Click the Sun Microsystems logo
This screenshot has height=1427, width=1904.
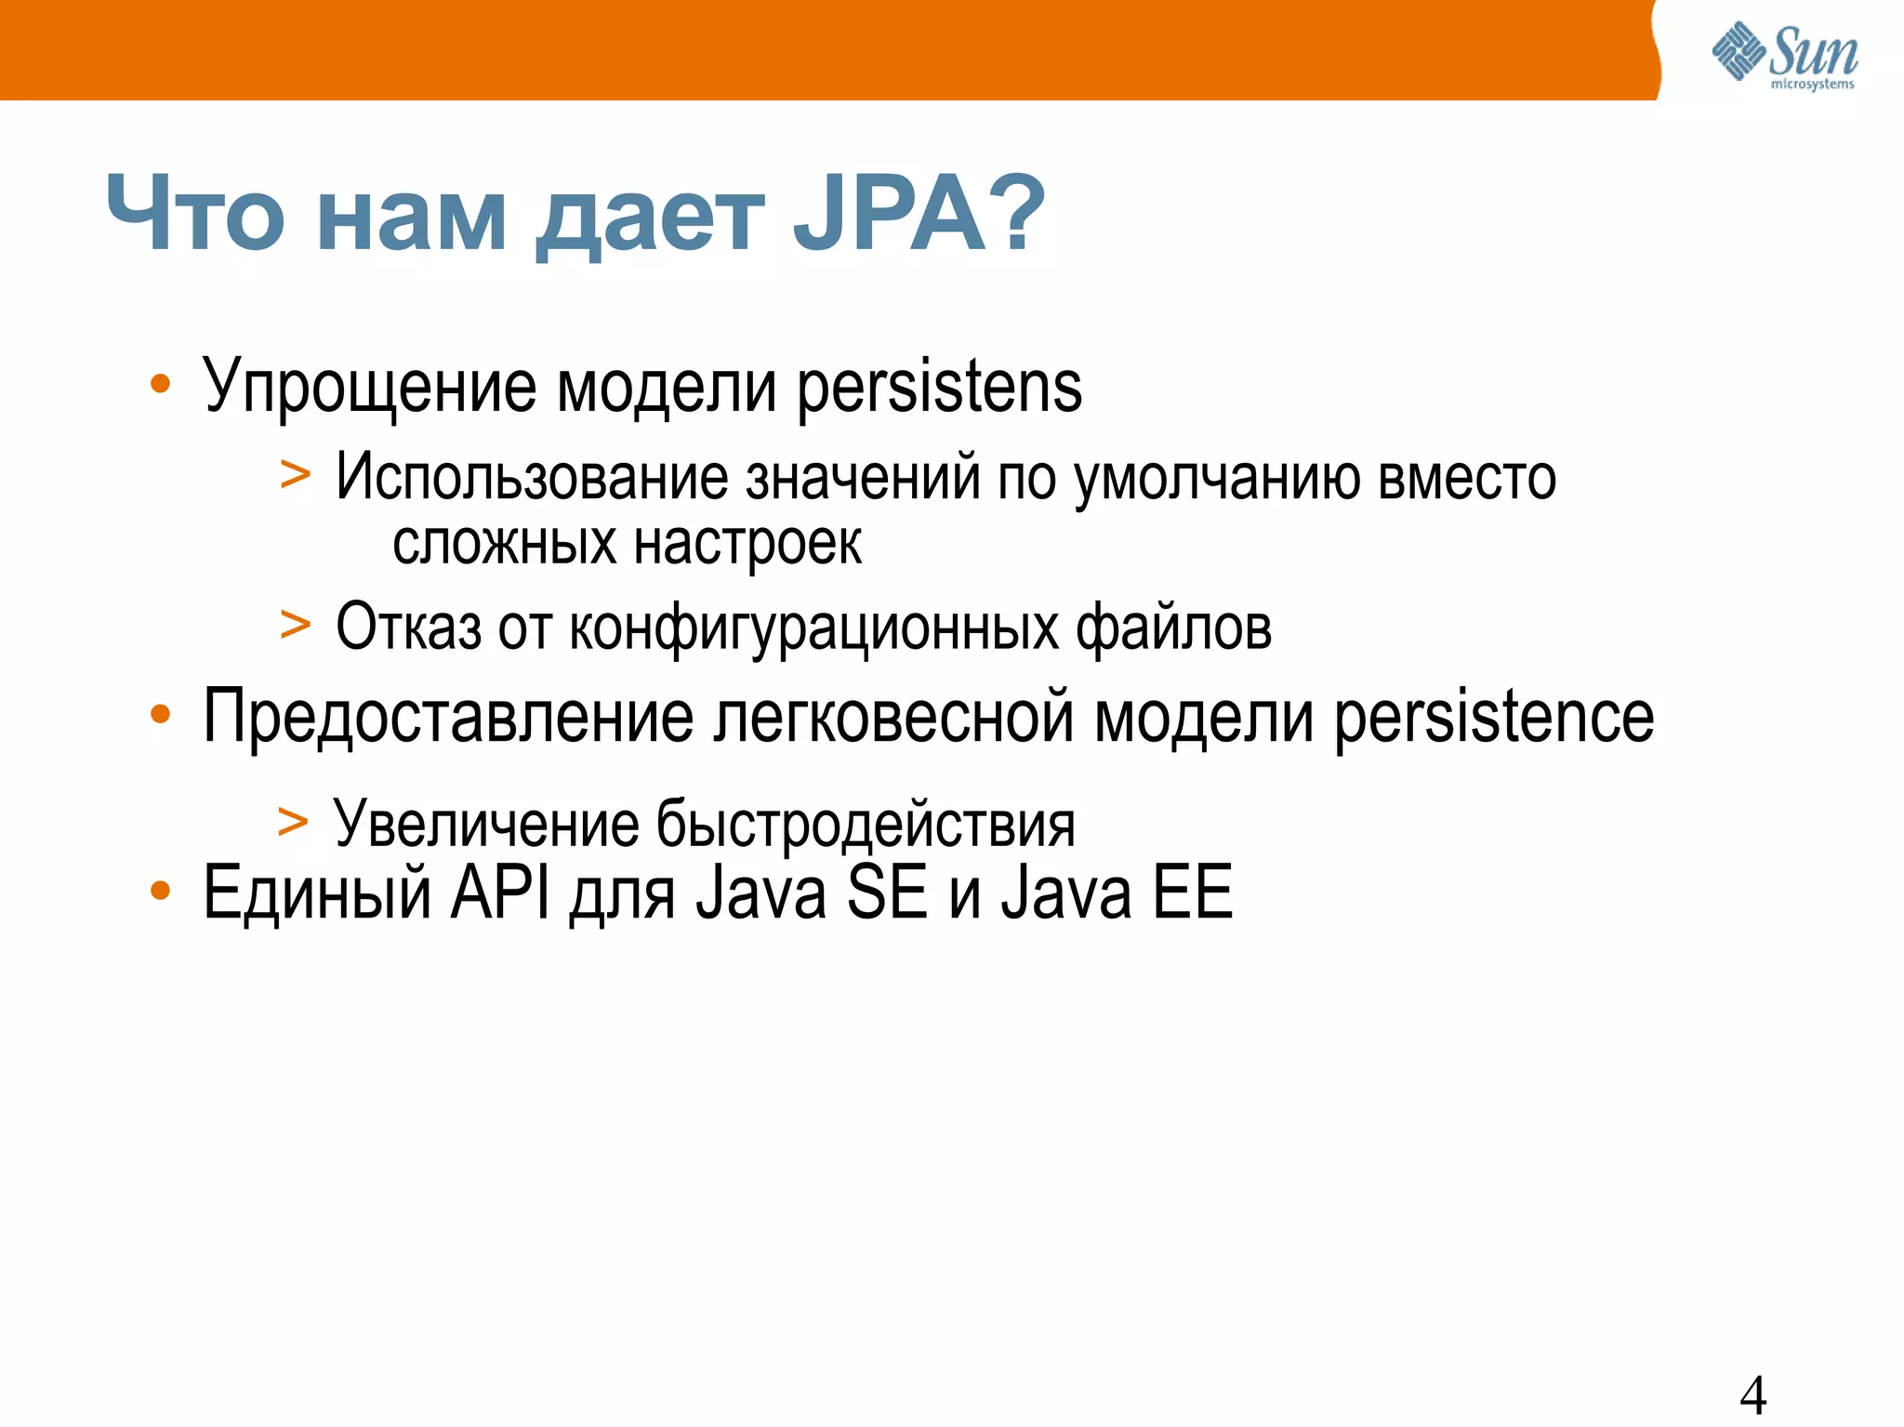(x=1784, y=56)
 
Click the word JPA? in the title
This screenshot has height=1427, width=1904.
(x=919, y=216)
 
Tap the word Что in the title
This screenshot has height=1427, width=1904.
(x=195, y=216)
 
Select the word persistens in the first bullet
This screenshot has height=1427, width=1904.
(x=939, y=388)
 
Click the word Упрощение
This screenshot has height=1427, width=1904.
(x=369, y=388)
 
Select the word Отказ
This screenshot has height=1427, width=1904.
(x=408, y=628)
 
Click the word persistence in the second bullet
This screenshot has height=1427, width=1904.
(x=1494, y=717)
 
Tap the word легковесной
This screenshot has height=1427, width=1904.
(x=893, y=717)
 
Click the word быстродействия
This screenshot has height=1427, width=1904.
(x=866, y=825)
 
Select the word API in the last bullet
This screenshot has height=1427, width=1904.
(x=500, y=892)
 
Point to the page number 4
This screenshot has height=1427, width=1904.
(x=1752, y=1395)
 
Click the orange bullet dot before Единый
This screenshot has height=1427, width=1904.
(x=161, y=891)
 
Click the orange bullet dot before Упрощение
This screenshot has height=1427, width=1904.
(x=161, y=384)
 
